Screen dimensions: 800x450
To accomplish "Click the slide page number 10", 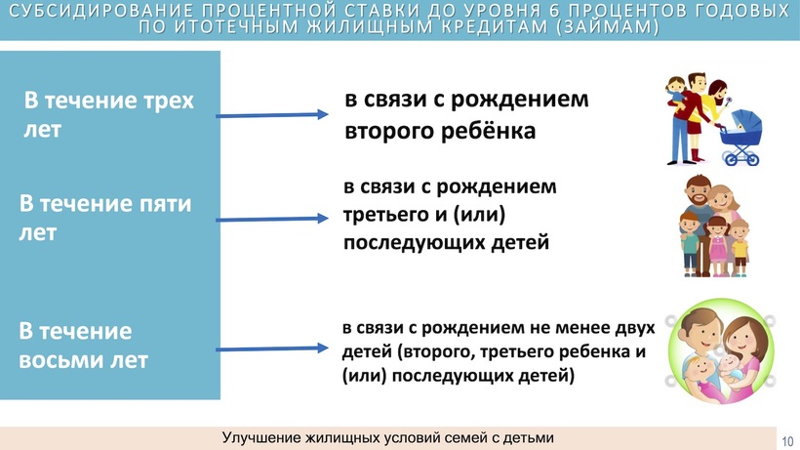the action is tap(787, 441).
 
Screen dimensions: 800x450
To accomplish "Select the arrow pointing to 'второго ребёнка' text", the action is tap(272, 115).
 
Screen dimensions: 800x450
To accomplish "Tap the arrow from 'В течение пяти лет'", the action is tap(272, 219).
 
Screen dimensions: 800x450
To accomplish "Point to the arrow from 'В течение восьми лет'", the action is tap(272, 349).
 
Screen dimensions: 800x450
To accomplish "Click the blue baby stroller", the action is tap(740, 138).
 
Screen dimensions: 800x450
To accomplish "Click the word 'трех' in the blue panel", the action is tap(168, 101).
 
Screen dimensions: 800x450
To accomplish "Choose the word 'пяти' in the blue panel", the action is tap(166, 204).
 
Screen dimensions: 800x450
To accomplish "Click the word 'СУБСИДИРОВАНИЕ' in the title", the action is tap(102, 11).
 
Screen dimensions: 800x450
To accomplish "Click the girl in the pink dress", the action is tap(717, 246).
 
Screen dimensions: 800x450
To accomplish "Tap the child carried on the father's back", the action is tap(675, 93).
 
